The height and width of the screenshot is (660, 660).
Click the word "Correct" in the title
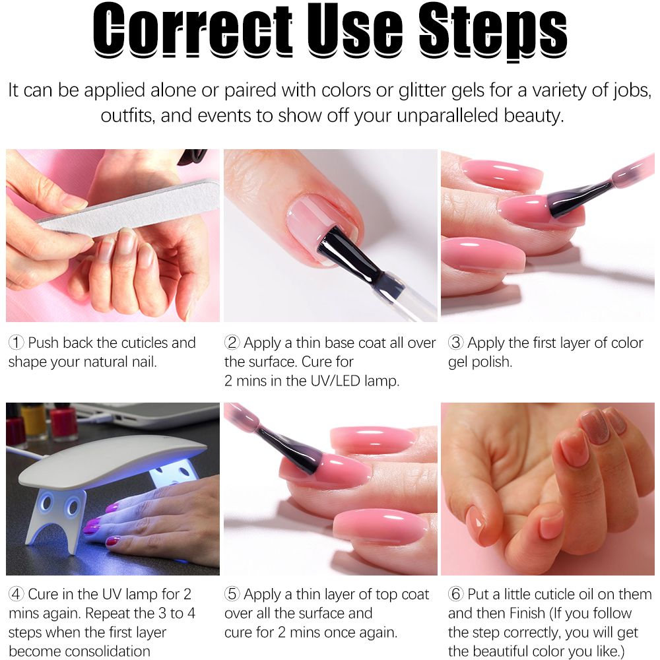[x=192, y=30]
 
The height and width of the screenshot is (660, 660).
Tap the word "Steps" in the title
[x=493, y=33]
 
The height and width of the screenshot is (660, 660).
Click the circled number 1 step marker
[x=16, y=343]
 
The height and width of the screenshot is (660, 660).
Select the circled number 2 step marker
[x=232, y=343]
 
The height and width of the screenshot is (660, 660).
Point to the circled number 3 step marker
[x=455, y=343]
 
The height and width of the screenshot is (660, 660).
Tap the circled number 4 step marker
[x=16, y=595]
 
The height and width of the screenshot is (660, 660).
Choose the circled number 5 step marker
[x=232, y=595]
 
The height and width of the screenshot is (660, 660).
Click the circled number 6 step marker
[x=455, y=595]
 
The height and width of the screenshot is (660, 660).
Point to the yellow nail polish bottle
[x=34, y=421]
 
